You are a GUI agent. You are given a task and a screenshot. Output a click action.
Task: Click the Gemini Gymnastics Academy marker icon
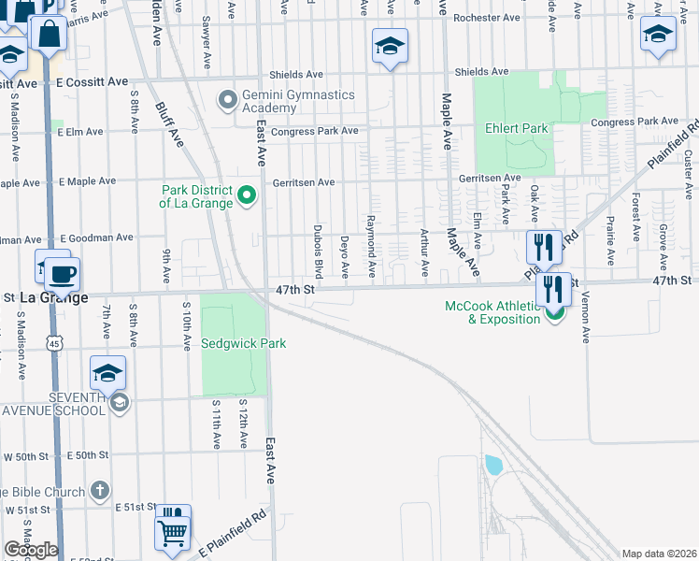click(x=227, y=99)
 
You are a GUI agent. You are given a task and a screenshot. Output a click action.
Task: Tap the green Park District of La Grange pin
click(x=247, y=195)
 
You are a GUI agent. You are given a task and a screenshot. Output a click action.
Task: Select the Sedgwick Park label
click(x=243, y=343)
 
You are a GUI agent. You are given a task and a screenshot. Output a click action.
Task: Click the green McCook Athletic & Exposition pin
click(x=555, y=312)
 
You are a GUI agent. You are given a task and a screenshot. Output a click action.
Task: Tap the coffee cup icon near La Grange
click(x=63, y=275)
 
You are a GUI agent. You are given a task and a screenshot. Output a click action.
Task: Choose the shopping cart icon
click(x=173, y=533)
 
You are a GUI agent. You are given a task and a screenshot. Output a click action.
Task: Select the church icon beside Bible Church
click(x=101, y=491)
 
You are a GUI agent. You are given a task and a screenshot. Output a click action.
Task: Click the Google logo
click(x=31, y=550)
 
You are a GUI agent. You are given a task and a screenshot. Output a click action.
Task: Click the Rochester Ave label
click(x=486, y=18)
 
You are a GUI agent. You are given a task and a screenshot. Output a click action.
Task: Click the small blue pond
click(x=492, y=465)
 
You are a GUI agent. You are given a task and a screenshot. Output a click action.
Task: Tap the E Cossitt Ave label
click(x=91, y=82)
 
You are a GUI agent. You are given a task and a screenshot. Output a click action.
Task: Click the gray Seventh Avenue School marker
click(x=119, y=403)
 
